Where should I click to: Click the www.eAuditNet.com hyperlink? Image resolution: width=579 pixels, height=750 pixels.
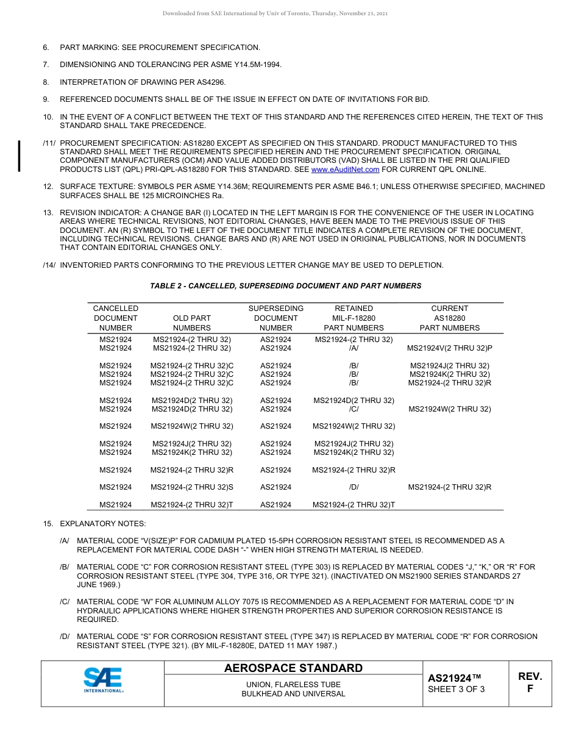pyautogui.click(x=345, y=170)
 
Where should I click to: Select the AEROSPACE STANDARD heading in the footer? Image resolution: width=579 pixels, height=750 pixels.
pyautogui.click(x=293, y=668)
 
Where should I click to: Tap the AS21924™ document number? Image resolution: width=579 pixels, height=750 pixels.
pyautogui.click(x=455, y=678)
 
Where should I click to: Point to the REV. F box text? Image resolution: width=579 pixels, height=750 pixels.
pyautogui.click(x=530, y=682)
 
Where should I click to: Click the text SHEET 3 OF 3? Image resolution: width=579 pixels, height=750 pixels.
pyautogui.click(x=456, y=690)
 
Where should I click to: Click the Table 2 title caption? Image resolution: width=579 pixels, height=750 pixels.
pyautogui.click(x=285, y=286)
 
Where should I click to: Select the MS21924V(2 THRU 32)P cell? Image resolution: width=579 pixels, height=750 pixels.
pyautogui.click(x=449, y=348)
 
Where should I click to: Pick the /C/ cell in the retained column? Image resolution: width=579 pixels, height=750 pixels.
pyautogui.click(x=353, y=409)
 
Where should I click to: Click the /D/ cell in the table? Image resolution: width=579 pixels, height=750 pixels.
pyautogui.click(x=353, y=487)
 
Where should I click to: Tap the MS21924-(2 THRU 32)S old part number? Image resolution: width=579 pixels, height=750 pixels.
pyautogui.click(x=191, y=487)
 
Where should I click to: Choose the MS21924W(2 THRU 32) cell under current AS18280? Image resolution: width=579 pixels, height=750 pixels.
pyautogui.click(x=449, y=409)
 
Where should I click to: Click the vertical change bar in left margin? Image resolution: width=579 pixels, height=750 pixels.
pyautogui.click(x=20, y=156)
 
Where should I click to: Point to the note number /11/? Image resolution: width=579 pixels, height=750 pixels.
pyautogui.click(x=49, y=143)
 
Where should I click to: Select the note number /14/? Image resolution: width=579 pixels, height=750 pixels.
pyautogui.click(x=49, y=265)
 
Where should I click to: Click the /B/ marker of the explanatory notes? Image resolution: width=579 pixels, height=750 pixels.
pyautogui.click(x=65, y=567)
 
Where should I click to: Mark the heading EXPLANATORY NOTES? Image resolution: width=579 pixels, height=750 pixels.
pyautogui.click(x=102, y=524)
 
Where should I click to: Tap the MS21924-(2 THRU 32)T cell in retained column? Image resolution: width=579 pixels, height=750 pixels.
pyautogui.click(x=353, y=505)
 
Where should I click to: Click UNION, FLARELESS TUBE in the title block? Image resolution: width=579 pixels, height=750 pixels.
pyautogui.click(x=293, y=685)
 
